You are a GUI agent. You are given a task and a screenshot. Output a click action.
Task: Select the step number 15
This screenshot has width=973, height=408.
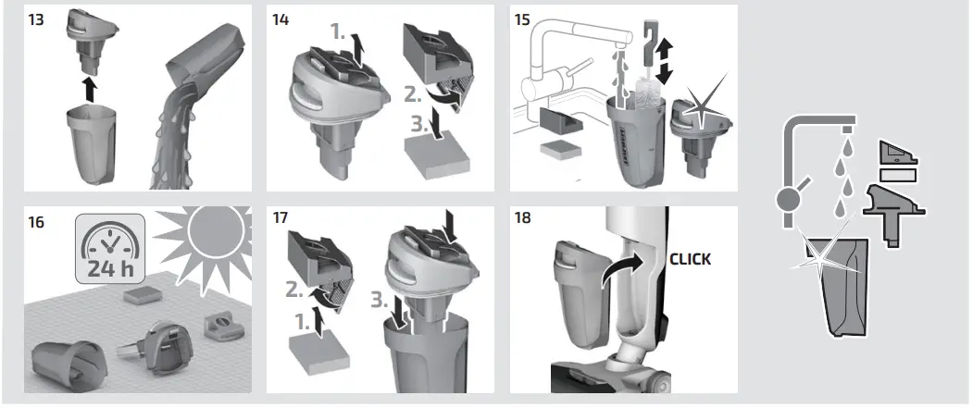click(x=524, y=19)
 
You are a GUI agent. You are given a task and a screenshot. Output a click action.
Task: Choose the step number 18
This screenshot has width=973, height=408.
click(x=524, y=221)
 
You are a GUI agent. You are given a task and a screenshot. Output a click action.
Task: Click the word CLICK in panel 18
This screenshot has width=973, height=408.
click(x=690, y=259)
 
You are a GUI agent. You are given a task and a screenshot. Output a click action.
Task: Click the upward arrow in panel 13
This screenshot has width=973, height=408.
click(x=89, y=91)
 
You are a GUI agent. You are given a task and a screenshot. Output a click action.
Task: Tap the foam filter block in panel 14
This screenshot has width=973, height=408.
click(x=432, y=149)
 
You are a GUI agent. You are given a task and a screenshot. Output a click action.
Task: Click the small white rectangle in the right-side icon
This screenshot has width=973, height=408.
click(x=897, y=173)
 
